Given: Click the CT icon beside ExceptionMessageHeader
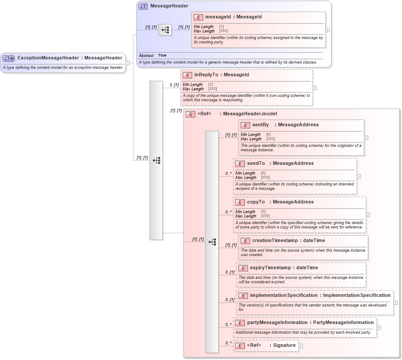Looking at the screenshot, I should pos(9,58).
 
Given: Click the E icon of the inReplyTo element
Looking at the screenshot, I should pos(187,75).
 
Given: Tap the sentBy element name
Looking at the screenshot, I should pos(260,125).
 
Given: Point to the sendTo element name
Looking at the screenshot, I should pos(255,164).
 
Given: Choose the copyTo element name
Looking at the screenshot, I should pos(255,202).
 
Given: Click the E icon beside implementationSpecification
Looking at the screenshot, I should pos(243,296).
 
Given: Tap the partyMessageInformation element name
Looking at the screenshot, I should pos(280,323).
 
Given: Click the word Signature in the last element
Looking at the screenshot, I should pos(284,346).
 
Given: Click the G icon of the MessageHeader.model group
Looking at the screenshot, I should pos(190,114).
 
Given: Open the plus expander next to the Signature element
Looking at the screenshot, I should pos(301,346).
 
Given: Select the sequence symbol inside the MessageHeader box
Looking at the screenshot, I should pos(165,30).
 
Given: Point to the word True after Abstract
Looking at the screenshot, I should pos(162,56).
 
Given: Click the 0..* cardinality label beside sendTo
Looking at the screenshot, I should pos(228,173).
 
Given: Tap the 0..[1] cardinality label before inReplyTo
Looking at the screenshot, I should pos(174,85).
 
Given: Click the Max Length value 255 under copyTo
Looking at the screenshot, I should pos(265,216).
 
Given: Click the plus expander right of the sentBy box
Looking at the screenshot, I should pos(366,137).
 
